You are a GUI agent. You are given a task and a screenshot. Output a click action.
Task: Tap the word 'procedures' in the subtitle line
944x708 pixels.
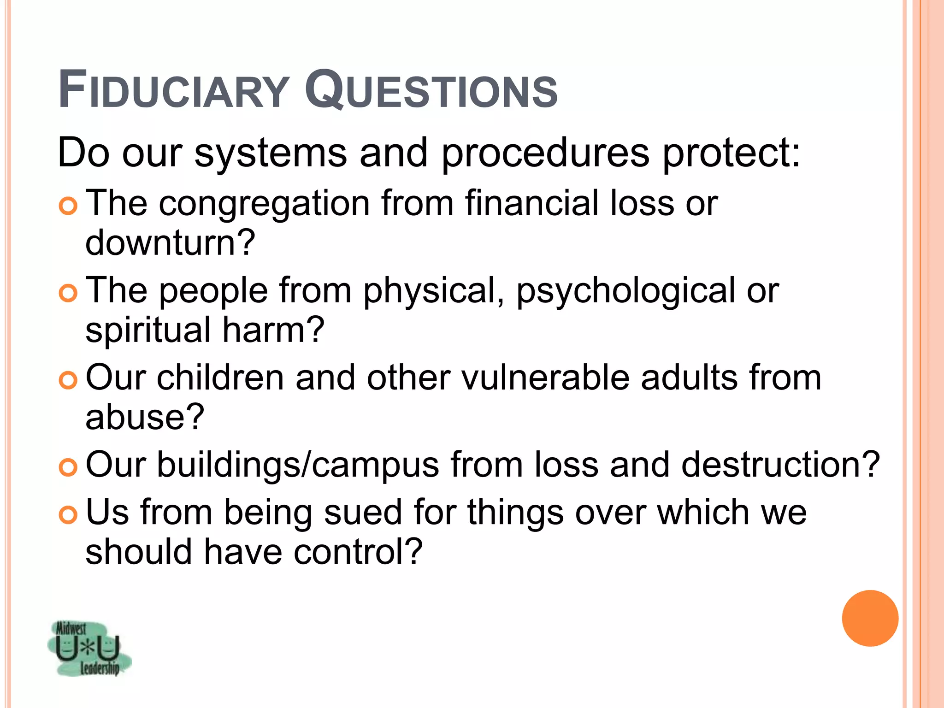click(545, 154)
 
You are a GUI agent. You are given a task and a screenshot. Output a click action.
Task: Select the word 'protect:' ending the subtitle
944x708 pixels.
click(731, 153)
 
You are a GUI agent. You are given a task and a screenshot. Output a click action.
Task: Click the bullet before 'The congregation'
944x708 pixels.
click(68, 206)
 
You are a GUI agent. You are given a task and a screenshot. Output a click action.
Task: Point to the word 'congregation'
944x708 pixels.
click(264, 204)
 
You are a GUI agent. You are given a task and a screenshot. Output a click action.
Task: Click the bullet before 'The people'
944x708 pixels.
click(68, 293)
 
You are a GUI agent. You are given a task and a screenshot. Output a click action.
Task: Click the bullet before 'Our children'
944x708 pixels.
click(68, 380)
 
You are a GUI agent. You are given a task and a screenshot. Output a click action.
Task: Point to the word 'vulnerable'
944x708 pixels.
click(545, 378)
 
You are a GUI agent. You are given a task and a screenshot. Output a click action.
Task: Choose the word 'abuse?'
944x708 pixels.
click(144, 417)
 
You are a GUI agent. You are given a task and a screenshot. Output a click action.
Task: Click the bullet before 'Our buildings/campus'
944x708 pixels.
click(68, 467)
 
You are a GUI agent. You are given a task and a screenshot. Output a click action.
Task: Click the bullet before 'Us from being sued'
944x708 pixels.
click(68, 515)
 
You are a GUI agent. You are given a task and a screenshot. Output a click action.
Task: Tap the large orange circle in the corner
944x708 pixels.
click(870, 618)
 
